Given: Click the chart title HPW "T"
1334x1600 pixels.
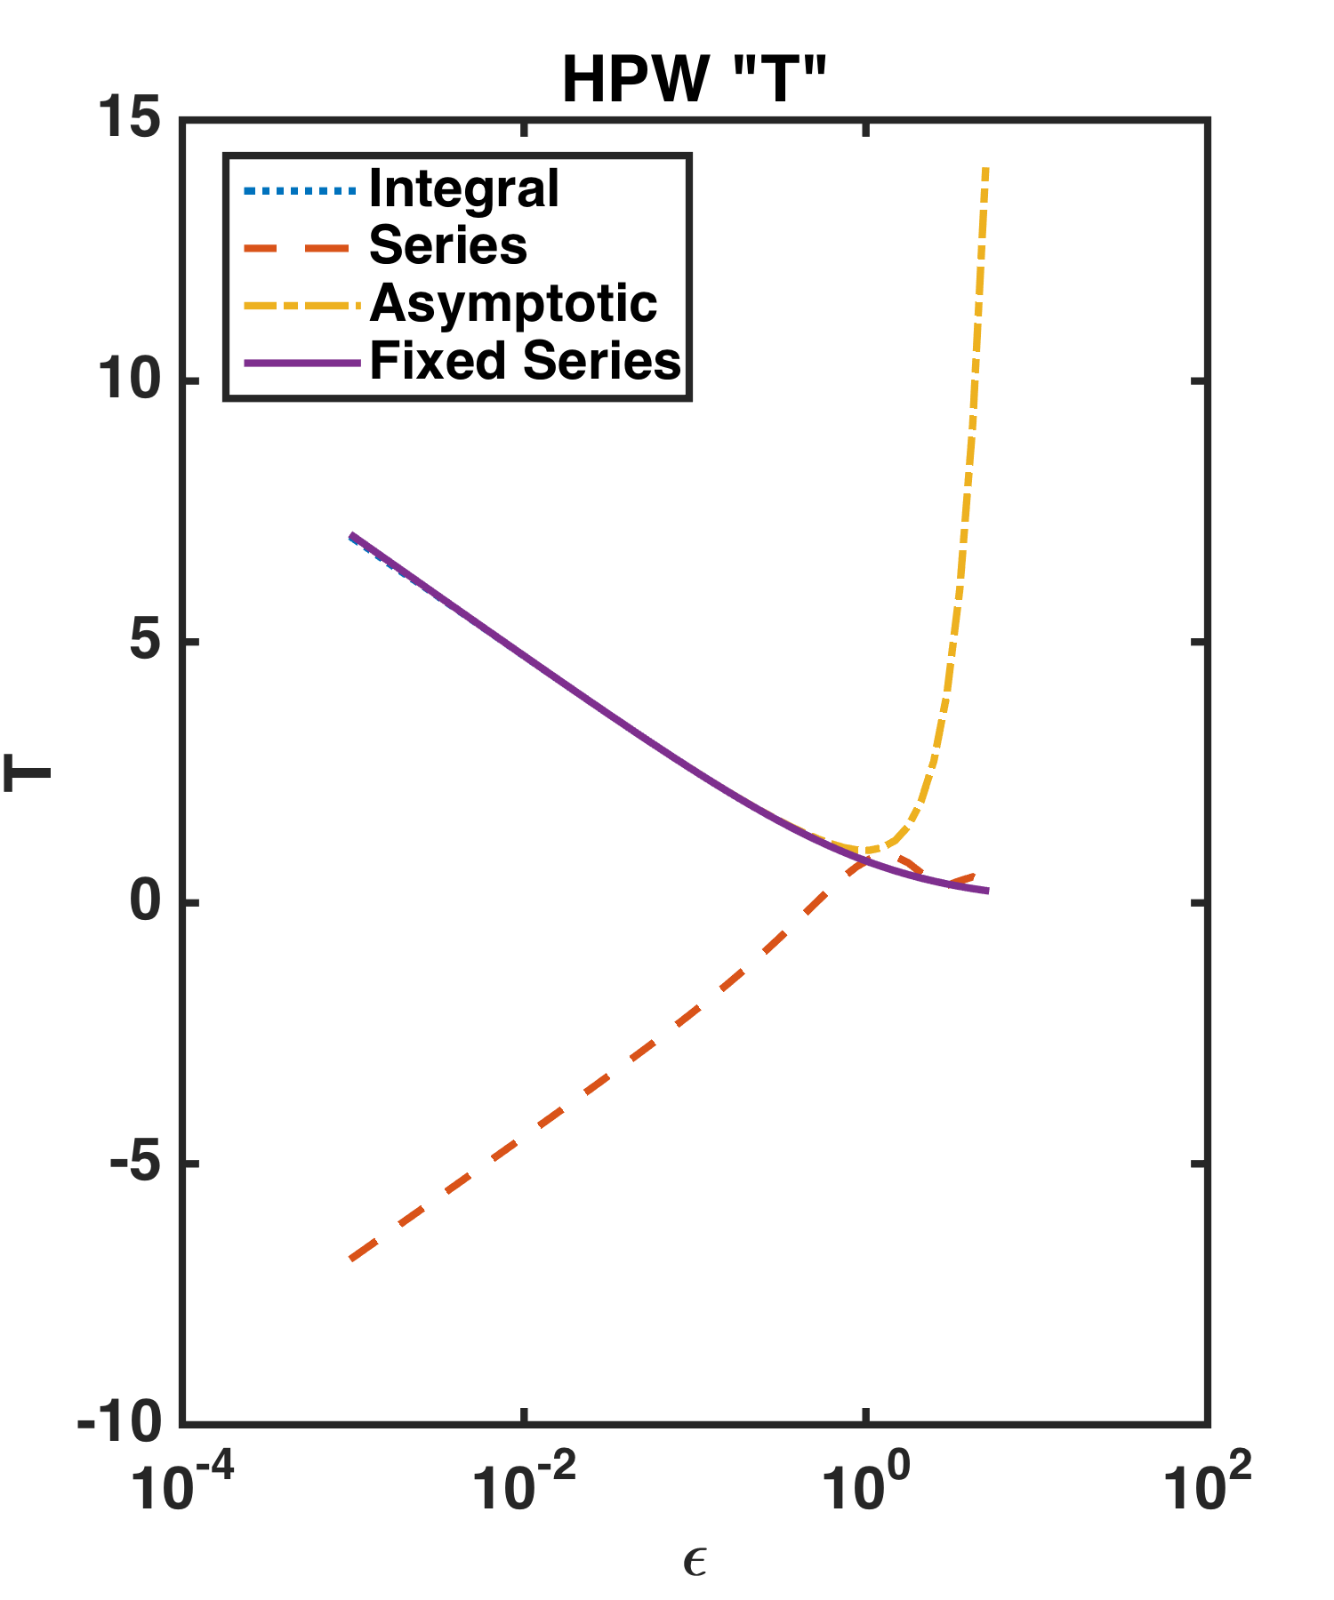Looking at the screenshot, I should (695, 80).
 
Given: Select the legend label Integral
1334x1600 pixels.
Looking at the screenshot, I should (463, 189).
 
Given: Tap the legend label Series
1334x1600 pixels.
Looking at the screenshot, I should (447, 245).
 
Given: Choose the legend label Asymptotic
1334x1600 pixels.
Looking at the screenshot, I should (513, 303).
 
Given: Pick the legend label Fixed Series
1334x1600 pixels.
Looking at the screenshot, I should (525, 361).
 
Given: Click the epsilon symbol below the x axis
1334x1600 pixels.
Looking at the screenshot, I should (695, 1563).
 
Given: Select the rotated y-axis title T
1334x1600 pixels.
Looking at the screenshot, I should (28, 772).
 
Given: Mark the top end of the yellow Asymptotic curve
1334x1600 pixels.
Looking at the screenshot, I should (985, 169).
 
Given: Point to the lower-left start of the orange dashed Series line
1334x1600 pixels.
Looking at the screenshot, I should (353, 1258).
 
